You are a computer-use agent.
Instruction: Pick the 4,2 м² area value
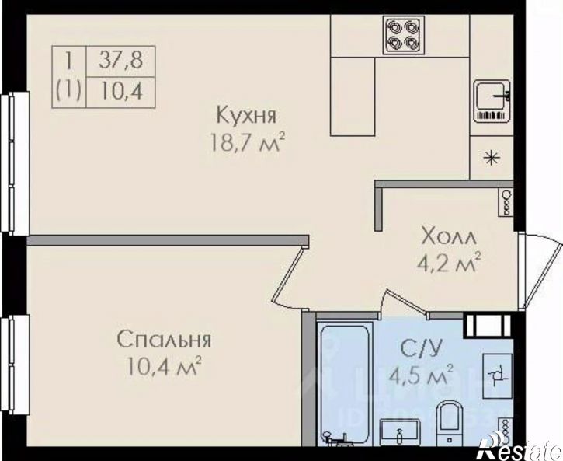pyautogui.click(x=446, y=263)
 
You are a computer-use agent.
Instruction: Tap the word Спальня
pyautogui.click(x=165, y=340)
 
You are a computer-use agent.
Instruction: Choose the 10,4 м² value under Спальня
pyautogui.click(x=165, y=365)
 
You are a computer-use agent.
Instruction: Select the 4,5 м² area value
pyautogui.click(x=421, y=378)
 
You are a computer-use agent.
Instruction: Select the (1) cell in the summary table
pyautogui.click(x=69, y=92)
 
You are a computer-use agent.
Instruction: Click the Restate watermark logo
pyautogui.click(x=519, y=449)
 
